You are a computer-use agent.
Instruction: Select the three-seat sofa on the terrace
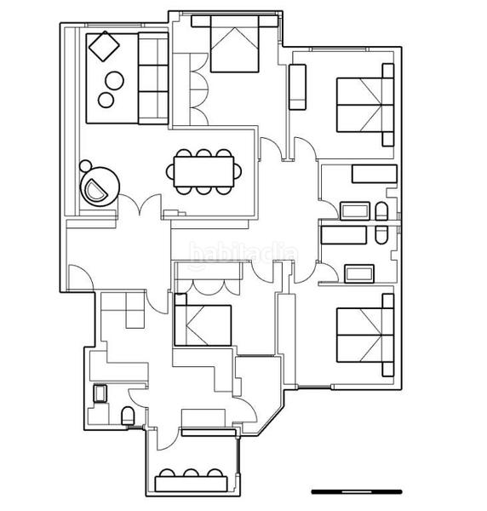[153, 78]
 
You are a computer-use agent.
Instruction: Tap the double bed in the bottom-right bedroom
[364, 334]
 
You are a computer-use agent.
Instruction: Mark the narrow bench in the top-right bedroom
[298, 88]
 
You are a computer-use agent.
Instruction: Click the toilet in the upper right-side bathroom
[381, 211]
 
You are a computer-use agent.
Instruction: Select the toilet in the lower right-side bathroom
[381, 236]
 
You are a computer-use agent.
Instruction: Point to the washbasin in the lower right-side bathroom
[358, 273]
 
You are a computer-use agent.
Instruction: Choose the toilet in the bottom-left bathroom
[128, 416]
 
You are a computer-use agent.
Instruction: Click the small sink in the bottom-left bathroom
[99, 393]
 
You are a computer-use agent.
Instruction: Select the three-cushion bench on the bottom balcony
[191, 481]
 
